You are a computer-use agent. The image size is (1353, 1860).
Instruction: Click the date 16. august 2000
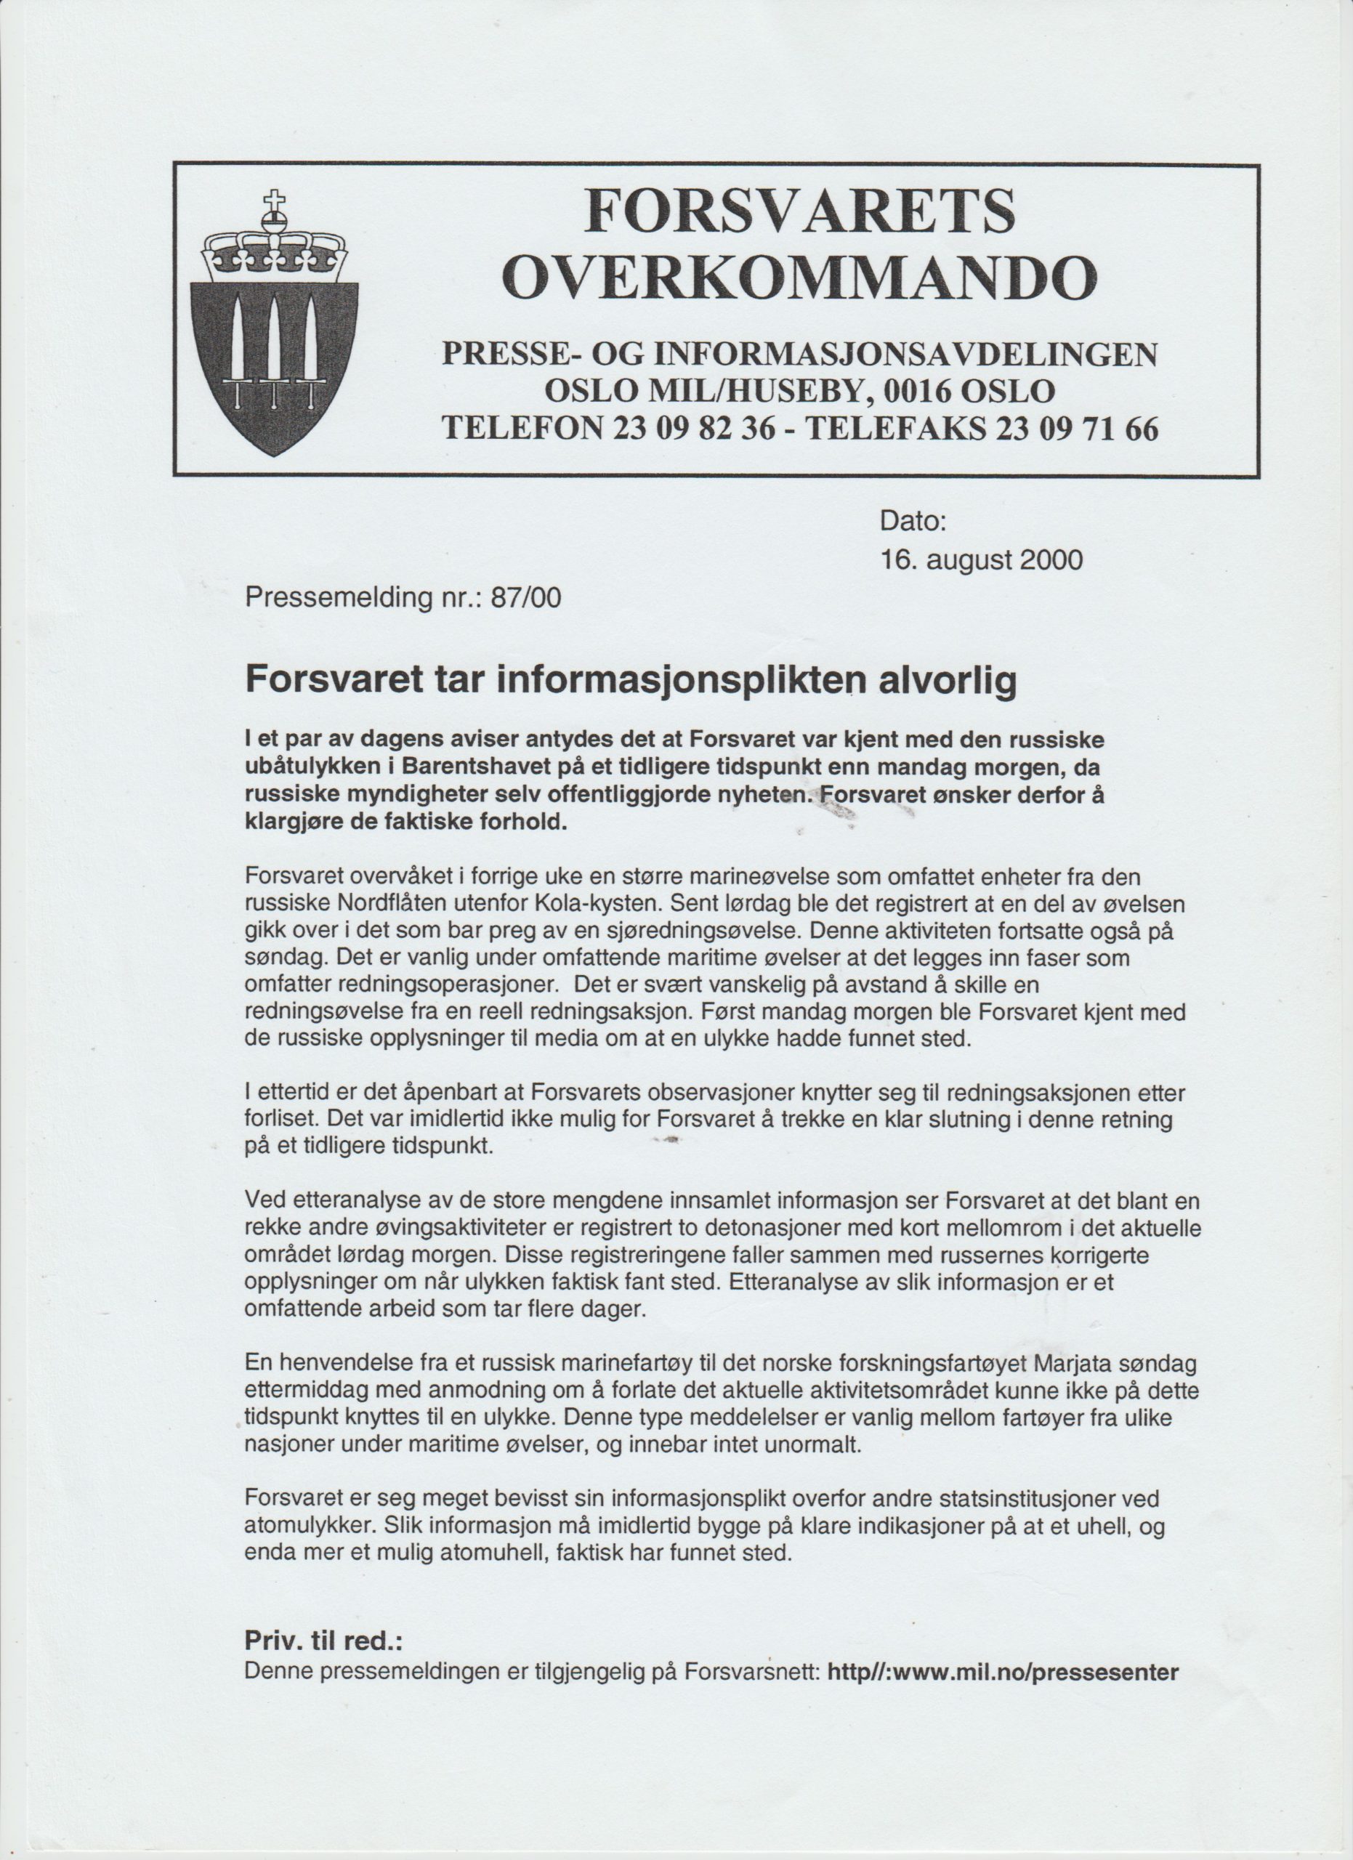click(981, 560)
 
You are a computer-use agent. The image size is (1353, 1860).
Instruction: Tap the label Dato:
click(913, 522)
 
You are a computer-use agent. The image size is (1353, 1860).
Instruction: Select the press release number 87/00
click(525, 598)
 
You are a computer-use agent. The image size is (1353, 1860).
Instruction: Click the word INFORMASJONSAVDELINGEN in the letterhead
click(905, 355)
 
